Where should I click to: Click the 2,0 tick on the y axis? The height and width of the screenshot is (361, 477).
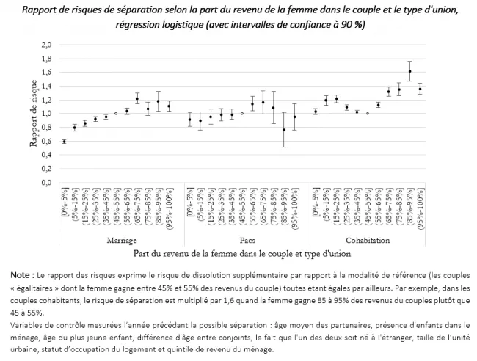[x=45, y=45]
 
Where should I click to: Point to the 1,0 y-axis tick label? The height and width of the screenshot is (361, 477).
[x=45, y=114]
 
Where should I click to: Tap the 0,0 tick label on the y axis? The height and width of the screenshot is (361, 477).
[x=45, y=183]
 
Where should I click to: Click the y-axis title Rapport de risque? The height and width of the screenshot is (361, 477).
[x=33, y=114]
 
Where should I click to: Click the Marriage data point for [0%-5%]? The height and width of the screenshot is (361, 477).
[x=64, y=142]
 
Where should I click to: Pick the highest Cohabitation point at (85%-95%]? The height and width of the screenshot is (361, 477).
[x=409, y=71]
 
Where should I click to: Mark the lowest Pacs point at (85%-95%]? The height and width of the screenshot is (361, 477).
[x=284, y=130]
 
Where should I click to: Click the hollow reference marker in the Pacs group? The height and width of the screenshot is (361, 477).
[x=242, y=114]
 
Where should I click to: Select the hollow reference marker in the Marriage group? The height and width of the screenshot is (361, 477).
[x=116, y=114]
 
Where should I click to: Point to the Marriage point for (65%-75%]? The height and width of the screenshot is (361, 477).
[x=137, y=99]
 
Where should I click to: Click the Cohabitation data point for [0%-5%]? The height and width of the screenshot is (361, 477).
[x=316, y=112]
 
